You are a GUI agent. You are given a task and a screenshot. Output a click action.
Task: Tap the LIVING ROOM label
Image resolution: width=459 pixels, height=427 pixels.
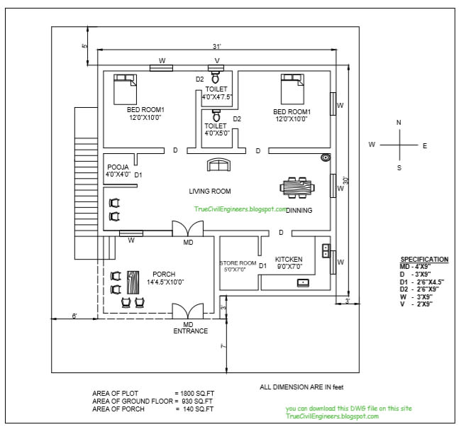[x=209, y=192]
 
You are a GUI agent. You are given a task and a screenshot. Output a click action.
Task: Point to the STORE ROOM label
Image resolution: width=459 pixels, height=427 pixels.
[x=237, y=262]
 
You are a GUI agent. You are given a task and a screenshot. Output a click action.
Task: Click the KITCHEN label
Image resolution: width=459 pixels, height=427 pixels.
[x=289, y=259]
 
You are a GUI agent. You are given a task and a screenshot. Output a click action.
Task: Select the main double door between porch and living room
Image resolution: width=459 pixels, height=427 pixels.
[x=188, y=229]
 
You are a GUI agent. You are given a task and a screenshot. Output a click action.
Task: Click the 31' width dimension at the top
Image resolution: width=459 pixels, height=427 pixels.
[x=216, y=47]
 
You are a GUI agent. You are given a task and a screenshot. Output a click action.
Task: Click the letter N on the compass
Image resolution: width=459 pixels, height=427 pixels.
[x=399, y=123]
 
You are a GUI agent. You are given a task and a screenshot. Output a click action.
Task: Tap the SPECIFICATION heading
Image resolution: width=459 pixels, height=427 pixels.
[x=424, y=260]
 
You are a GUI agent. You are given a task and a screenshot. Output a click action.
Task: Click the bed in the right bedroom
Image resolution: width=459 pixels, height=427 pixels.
[x=291, y=89]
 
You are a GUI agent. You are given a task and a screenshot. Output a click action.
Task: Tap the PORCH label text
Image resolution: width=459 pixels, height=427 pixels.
[x=163, y=274]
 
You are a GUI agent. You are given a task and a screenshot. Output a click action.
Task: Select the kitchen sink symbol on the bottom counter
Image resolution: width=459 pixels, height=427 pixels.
[x=303, y=282]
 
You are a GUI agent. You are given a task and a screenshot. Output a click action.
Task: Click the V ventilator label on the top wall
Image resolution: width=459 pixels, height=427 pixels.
[x=217, y=61]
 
